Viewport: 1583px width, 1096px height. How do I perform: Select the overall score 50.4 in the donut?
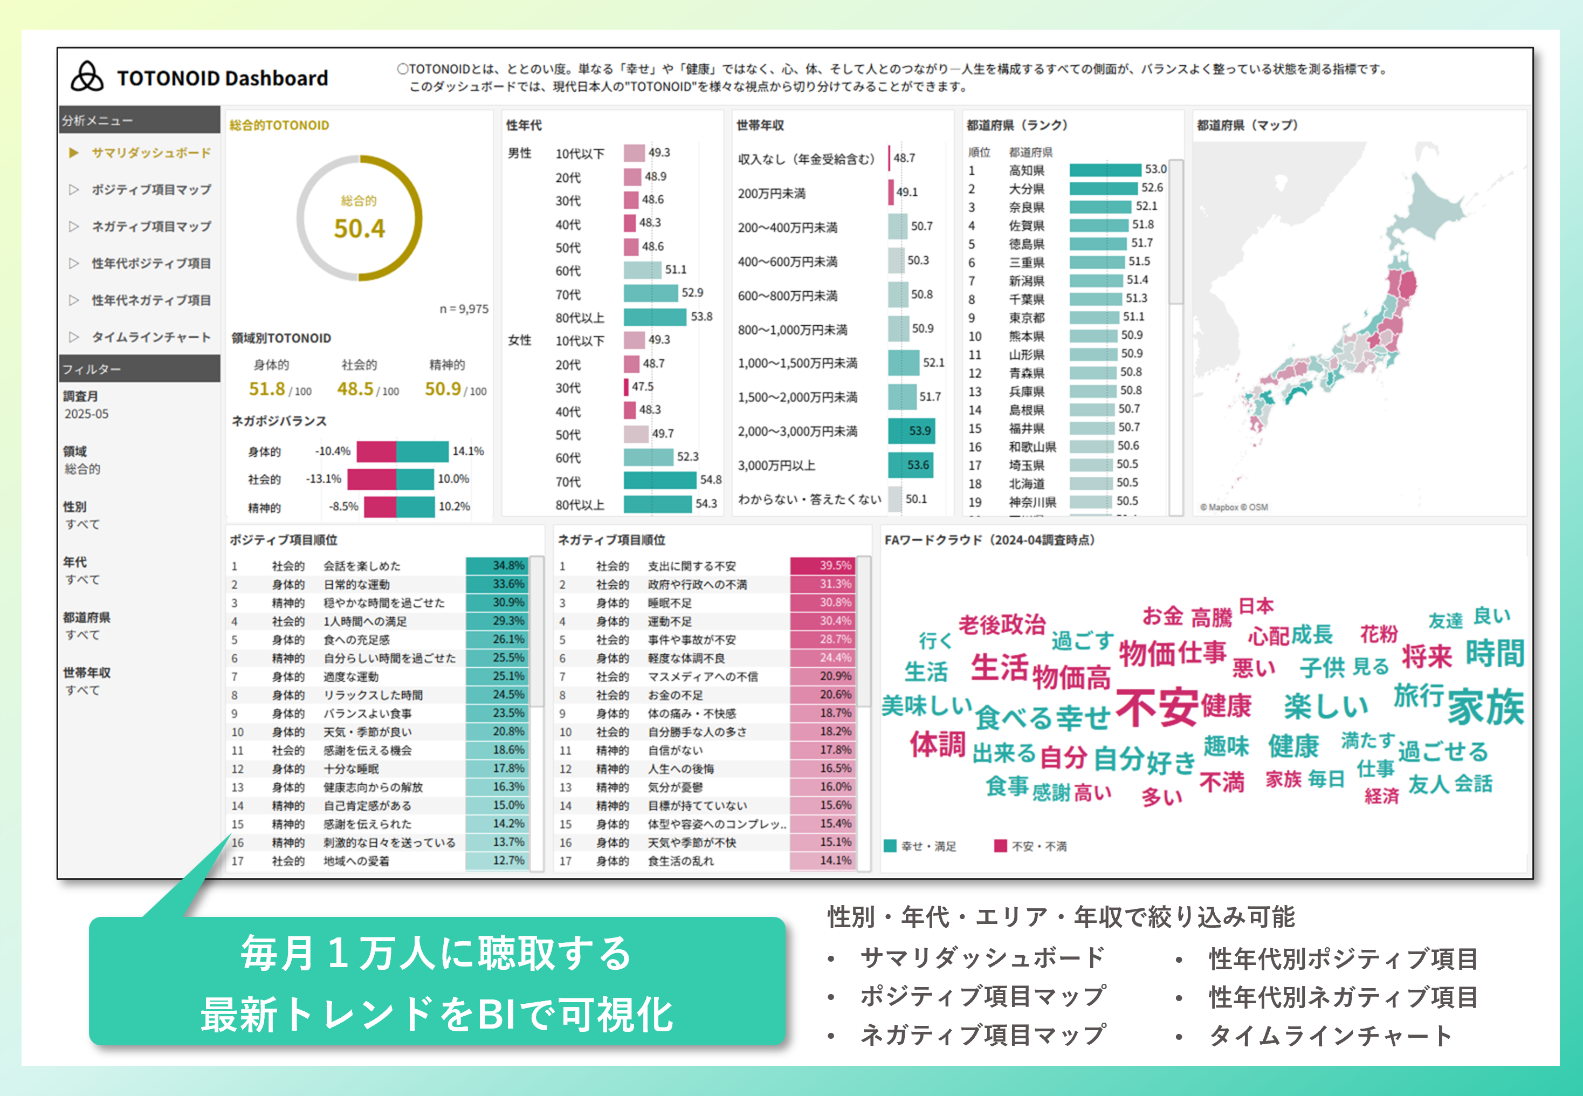(359, 228)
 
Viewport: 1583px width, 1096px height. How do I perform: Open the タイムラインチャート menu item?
(151, 337)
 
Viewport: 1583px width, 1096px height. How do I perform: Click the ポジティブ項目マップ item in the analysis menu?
(151, 189)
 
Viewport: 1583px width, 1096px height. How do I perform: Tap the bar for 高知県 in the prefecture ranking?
(1105, 169)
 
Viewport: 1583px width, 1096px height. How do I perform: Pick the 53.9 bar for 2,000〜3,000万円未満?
(911, 431)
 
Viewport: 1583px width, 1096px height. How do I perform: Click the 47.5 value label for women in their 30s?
(643, 387)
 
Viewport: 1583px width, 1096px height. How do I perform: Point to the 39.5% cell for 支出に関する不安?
(823, 565)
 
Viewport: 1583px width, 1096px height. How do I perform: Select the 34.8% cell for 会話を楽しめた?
(497, 565)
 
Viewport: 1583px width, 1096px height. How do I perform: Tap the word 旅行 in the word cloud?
(1418, 696)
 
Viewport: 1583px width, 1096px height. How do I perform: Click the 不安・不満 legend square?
(1000, 845)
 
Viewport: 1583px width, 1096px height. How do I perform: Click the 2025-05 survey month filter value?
(86, 414)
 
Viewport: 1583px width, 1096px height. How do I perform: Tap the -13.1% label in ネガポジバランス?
(324, 478)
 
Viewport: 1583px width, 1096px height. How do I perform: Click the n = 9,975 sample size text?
(464, 309)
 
